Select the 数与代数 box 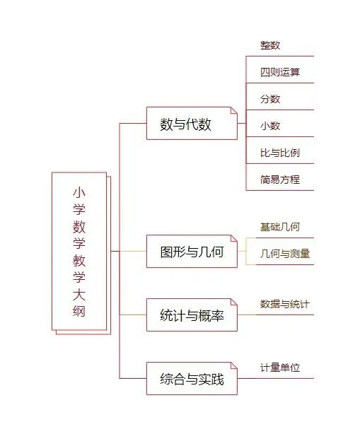click(192, 124)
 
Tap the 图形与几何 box click(192, 251)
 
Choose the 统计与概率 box click(192, 315)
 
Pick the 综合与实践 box click(192, 379)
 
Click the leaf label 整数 click(270, 45)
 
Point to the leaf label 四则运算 click(280, 72)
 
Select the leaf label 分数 click(270, 99)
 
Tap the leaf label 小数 click(270, 126)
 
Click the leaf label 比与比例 click(280, 153)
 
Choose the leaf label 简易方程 click(280, 180)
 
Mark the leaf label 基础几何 click(280, 227)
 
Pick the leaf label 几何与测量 click(285, 254)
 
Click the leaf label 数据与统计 click(285, 304)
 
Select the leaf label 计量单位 click(280, 368)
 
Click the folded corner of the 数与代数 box click(234, 110)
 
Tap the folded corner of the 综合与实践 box click(234, 366)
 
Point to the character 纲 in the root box click(79, 312)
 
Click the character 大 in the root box click(79, 295)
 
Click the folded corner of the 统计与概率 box click(234, 302)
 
